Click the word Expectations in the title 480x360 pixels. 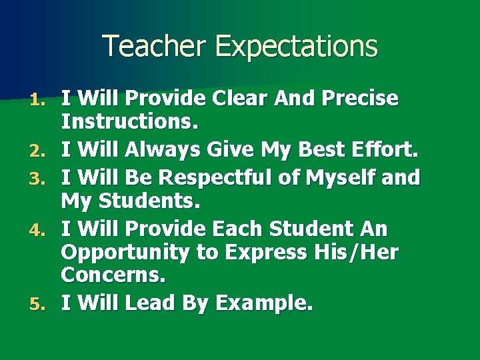click(297, 47)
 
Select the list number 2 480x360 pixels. click(39, 153)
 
